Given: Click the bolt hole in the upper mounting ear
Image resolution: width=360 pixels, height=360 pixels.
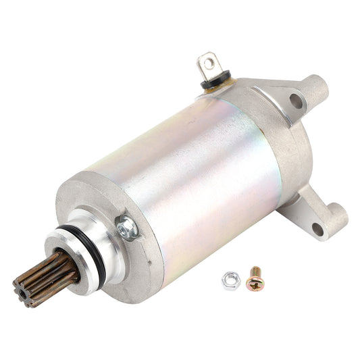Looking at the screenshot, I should [x=295, y=103].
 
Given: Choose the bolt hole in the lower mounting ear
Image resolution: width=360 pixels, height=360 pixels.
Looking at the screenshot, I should [x=318, y=230].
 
